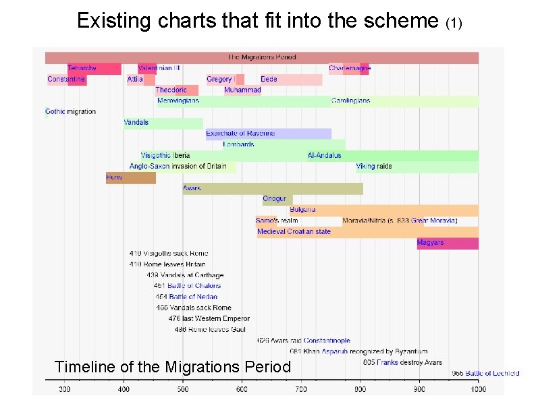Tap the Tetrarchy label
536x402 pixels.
82,68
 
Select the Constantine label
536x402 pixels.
66,80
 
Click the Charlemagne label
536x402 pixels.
350,68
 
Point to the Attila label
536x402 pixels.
135,80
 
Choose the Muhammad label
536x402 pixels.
242,90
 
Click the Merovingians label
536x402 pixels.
178,100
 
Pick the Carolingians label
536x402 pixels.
350,100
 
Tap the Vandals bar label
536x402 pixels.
136,123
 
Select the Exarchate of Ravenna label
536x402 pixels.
240,134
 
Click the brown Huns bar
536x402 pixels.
130,177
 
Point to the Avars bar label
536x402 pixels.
192,188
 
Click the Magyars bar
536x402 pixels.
447,243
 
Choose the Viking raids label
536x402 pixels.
374,166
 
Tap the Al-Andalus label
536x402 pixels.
325,155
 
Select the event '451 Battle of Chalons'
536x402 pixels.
187,286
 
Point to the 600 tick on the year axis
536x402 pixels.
242,389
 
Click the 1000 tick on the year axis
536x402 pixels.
477,389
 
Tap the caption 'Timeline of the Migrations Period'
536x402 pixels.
172,367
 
